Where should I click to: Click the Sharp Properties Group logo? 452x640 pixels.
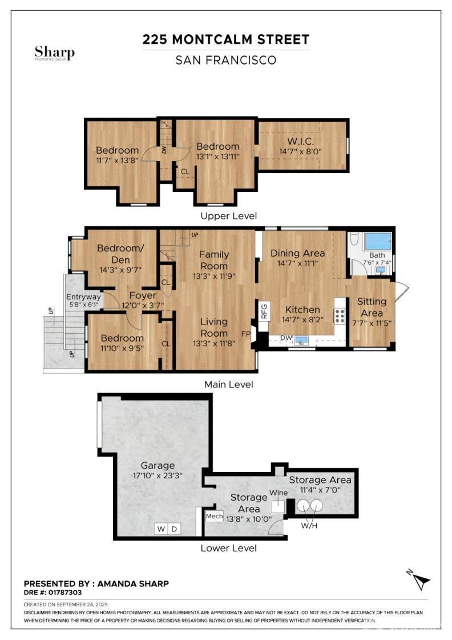(55, 53)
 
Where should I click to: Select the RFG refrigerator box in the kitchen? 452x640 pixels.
(264, 311)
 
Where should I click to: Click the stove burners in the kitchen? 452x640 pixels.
(340, 316)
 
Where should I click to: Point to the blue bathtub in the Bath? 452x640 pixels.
(378, 242)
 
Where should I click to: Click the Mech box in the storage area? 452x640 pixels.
(214, 517)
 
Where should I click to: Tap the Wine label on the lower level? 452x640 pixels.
(279, 493)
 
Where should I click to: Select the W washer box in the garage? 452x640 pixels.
(162, 529)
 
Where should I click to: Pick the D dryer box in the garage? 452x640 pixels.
(174, 529)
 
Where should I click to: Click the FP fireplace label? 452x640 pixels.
(246, 334)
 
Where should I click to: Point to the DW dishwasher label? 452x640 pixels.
(286, 338)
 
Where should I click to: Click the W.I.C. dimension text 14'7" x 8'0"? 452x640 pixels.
(300, 151)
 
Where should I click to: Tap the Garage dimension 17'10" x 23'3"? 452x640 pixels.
(158, 475)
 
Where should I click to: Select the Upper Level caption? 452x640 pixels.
(229, 216)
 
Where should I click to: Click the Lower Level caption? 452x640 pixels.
(229, 548)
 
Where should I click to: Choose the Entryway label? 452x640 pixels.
(83, 297)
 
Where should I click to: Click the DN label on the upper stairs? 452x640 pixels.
(164, 149)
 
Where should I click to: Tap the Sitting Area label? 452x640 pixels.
(372, 307)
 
